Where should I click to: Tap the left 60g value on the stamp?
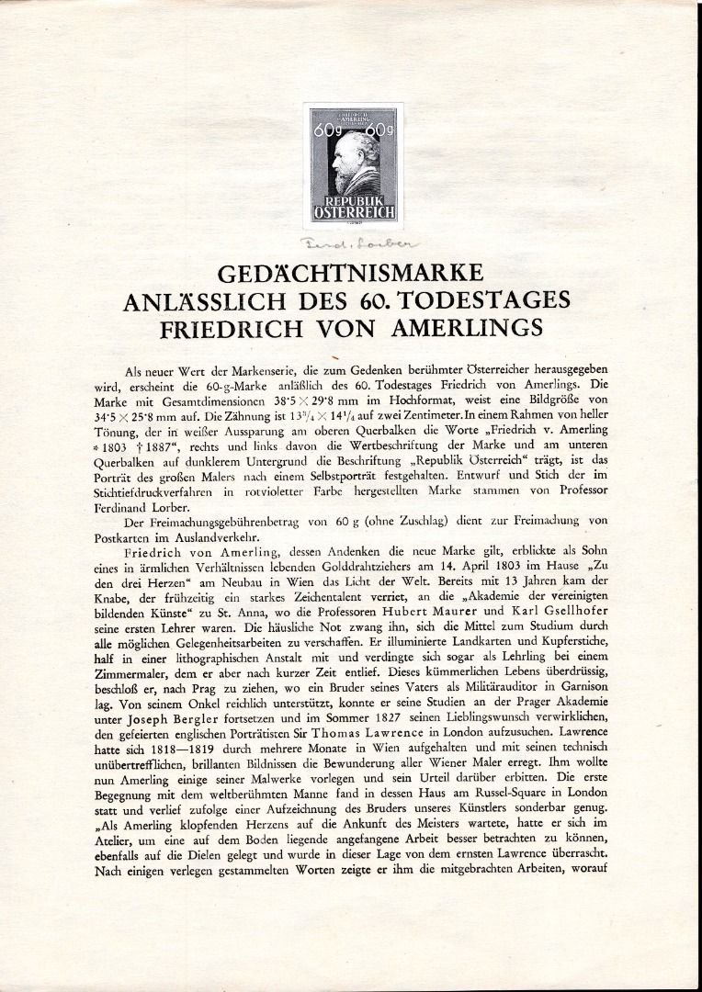(323, 133)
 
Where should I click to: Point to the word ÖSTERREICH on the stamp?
(353, 211)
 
